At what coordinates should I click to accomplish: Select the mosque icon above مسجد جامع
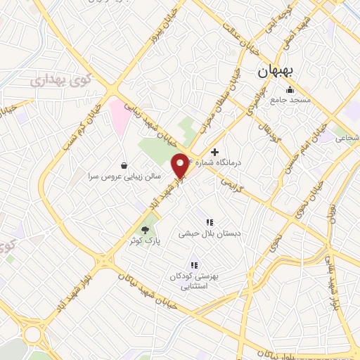pos(290,89)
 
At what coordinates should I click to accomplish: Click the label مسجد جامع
pos(290,101)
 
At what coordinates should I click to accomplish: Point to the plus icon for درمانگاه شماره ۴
pos(214,152)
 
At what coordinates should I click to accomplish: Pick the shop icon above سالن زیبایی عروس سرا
pos(124,166)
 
